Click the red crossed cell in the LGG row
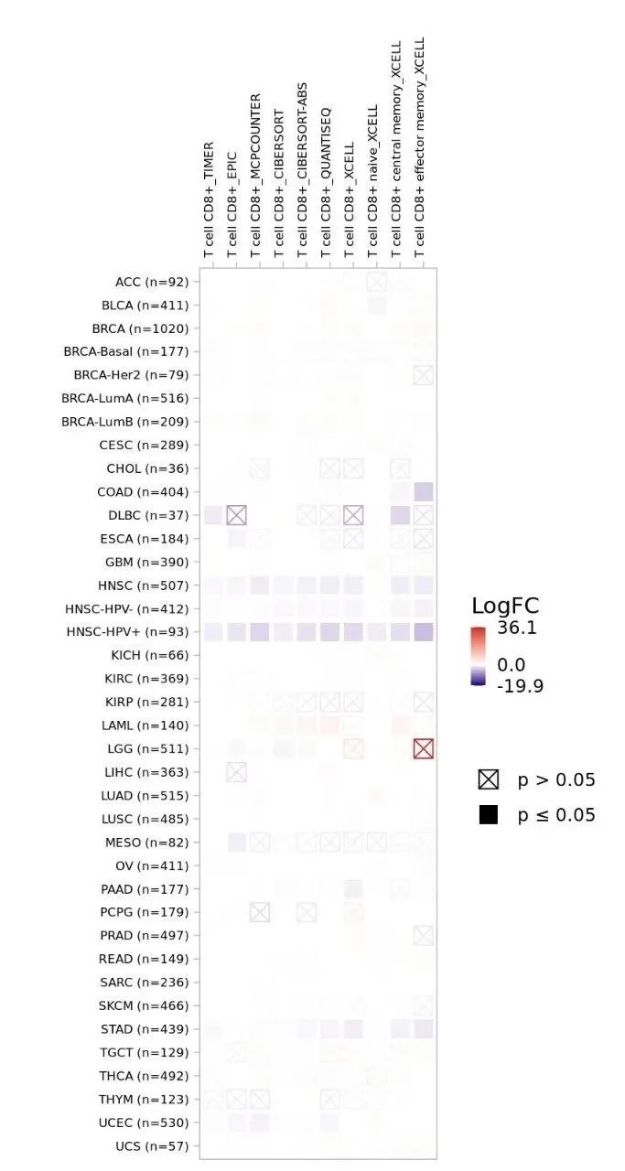pyautogui.click(x=423, y=748)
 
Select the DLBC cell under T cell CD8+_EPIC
pyautogui.click(x=236, y=515)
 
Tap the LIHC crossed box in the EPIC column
pyautogui.click(x=236, y=772)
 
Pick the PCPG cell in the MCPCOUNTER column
pyautogui.click(x=260, y=912)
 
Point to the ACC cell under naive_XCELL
pyautogui.click(x=376, y=281)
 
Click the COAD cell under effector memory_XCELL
pyautogui.click(x=423, y=491)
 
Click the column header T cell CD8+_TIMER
pyautogui.click(x=210, y=199)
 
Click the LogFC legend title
pyautogui.click(x=506, y=606)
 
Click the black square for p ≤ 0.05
pyautogui.click(x=489, y=814)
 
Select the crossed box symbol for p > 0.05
pyautogui.click(x=489, y=779)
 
